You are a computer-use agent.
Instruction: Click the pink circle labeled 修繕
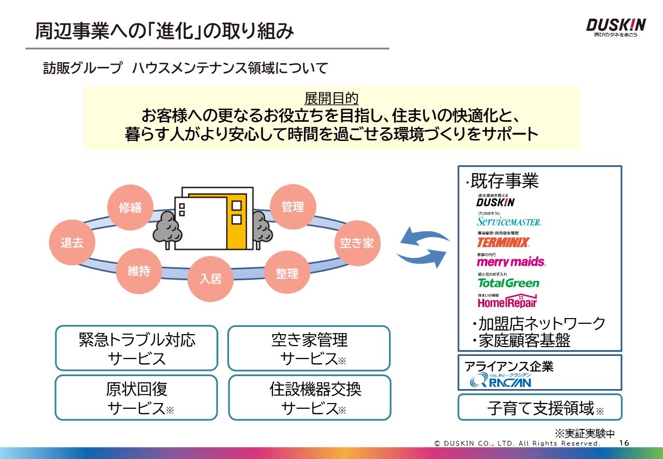click(130, 207)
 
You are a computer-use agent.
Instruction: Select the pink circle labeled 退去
click(71, 242)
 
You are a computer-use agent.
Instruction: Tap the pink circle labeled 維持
click(138, 270)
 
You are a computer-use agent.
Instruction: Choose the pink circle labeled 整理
click(287, 272)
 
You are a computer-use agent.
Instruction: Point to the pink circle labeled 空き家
click(356, 242)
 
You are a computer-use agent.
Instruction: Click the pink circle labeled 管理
click(293, 207)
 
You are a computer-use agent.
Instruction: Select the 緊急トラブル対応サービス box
click(137, 348)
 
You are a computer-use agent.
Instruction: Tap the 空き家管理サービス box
click(309, 348)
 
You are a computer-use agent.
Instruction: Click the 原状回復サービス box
click(137, 397)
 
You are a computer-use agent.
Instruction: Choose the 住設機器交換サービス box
click(309, 397)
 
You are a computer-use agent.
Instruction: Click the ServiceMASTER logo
click(509, 221)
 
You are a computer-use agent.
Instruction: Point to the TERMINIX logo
click(503, 242)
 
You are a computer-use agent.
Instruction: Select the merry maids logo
click(511, 262)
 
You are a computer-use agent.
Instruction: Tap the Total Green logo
click(508, 283)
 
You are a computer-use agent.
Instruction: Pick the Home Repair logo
click(507, 302)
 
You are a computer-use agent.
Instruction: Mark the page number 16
click(624, 443)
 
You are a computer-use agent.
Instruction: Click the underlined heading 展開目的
click(331, 98)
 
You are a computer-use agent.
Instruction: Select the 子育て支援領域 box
click(540, 408)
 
